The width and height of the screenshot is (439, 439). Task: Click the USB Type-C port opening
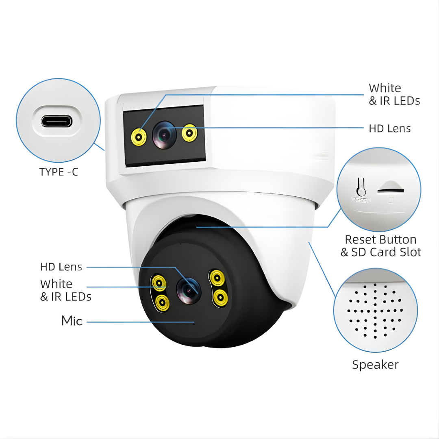point(57,122)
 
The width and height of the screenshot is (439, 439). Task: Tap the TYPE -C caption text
point(59,172)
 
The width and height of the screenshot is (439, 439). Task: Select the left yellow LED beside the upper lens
point(139,137)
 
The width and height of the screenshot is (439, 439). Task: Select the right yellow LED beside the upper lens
point(189,133)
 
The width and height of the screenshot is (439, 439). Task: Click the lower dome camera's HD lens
point(189,291)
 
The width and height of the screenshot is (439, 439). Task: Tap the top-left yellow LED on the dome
point(159,283)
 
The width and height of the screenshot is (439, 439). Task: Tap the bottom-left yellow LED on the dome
point(162,303)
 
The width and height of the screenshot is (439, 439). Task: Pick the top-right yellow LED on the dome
point(217,278)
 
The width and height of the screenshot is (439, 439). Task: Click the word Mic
point(72,321)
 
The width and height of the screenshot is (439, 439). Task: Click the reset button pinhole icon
point(361,187)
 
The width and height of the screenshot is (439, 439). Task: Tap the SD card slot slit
point(391,191)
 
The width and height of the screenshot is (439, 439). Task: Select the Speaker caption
point(375,365)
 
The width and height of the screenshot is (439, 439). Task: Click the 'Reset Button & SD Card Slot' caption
point(381,246)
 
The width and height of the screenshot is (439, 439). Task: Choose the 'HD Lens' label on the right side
point(390,128)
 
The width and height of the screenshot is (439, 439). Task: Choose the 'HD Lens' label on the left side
point(61,267)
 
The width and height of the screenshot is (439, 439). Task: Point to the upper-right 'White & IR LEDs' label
point(394,94)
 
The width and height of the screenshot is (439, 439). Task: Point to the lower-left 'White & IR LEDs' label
point(66,290)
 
